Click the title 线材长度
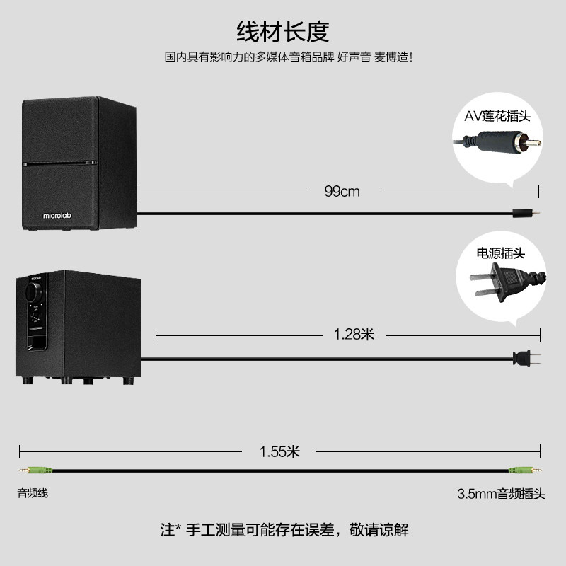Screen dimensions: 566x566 [x=282, y=32]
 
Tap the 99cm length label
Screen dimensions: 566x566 [x=342, y=192]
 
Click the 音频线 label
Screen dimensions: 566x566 [x=33, y=493]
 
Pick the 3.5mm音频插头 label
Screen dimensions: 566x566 [x=501, y=494]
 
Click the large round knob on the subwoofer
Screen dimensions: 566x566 [x=34, y=291]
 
